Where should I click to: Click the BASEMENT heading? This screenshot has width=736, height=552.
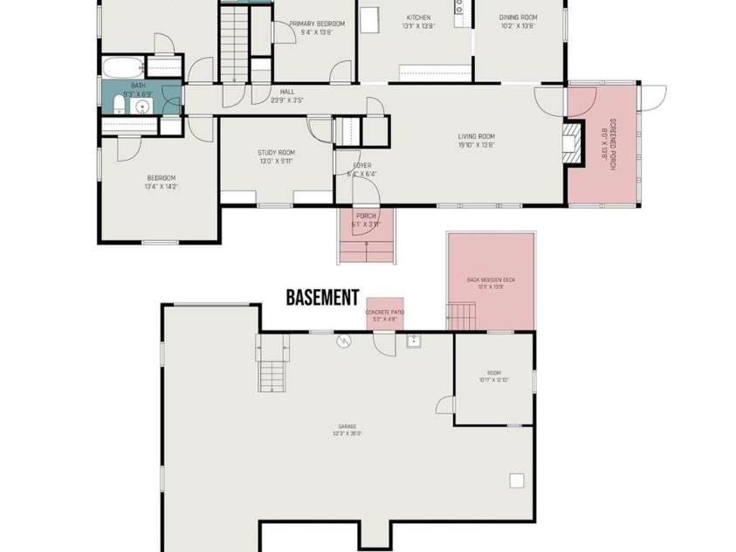322,298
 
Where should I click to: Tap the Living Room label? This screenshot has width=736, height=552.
477,136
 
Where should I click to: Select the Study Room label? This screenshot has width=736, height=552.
276,152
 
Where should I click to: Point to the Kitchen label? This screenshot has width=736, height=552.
418,17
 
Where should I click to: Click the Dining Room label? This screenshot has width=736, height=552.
518,17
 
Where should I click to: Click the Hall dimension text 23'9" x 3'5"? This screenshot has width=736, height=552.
286,100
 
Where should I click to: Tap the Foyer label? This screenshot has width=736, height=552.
362,165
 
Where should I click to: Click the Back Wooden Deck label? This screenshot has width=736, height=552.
491,279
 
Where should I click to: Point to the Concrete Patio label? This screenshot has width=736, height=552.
384,312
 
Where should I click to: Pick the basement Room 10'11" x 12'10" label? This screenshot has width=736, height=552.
493,375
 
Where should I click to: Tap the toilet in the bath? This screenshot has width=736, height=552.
119,107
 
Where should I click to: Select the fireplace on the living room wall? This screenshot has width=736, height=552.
570,143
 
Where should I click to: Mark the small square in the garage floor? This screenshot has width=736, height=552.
517,480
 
